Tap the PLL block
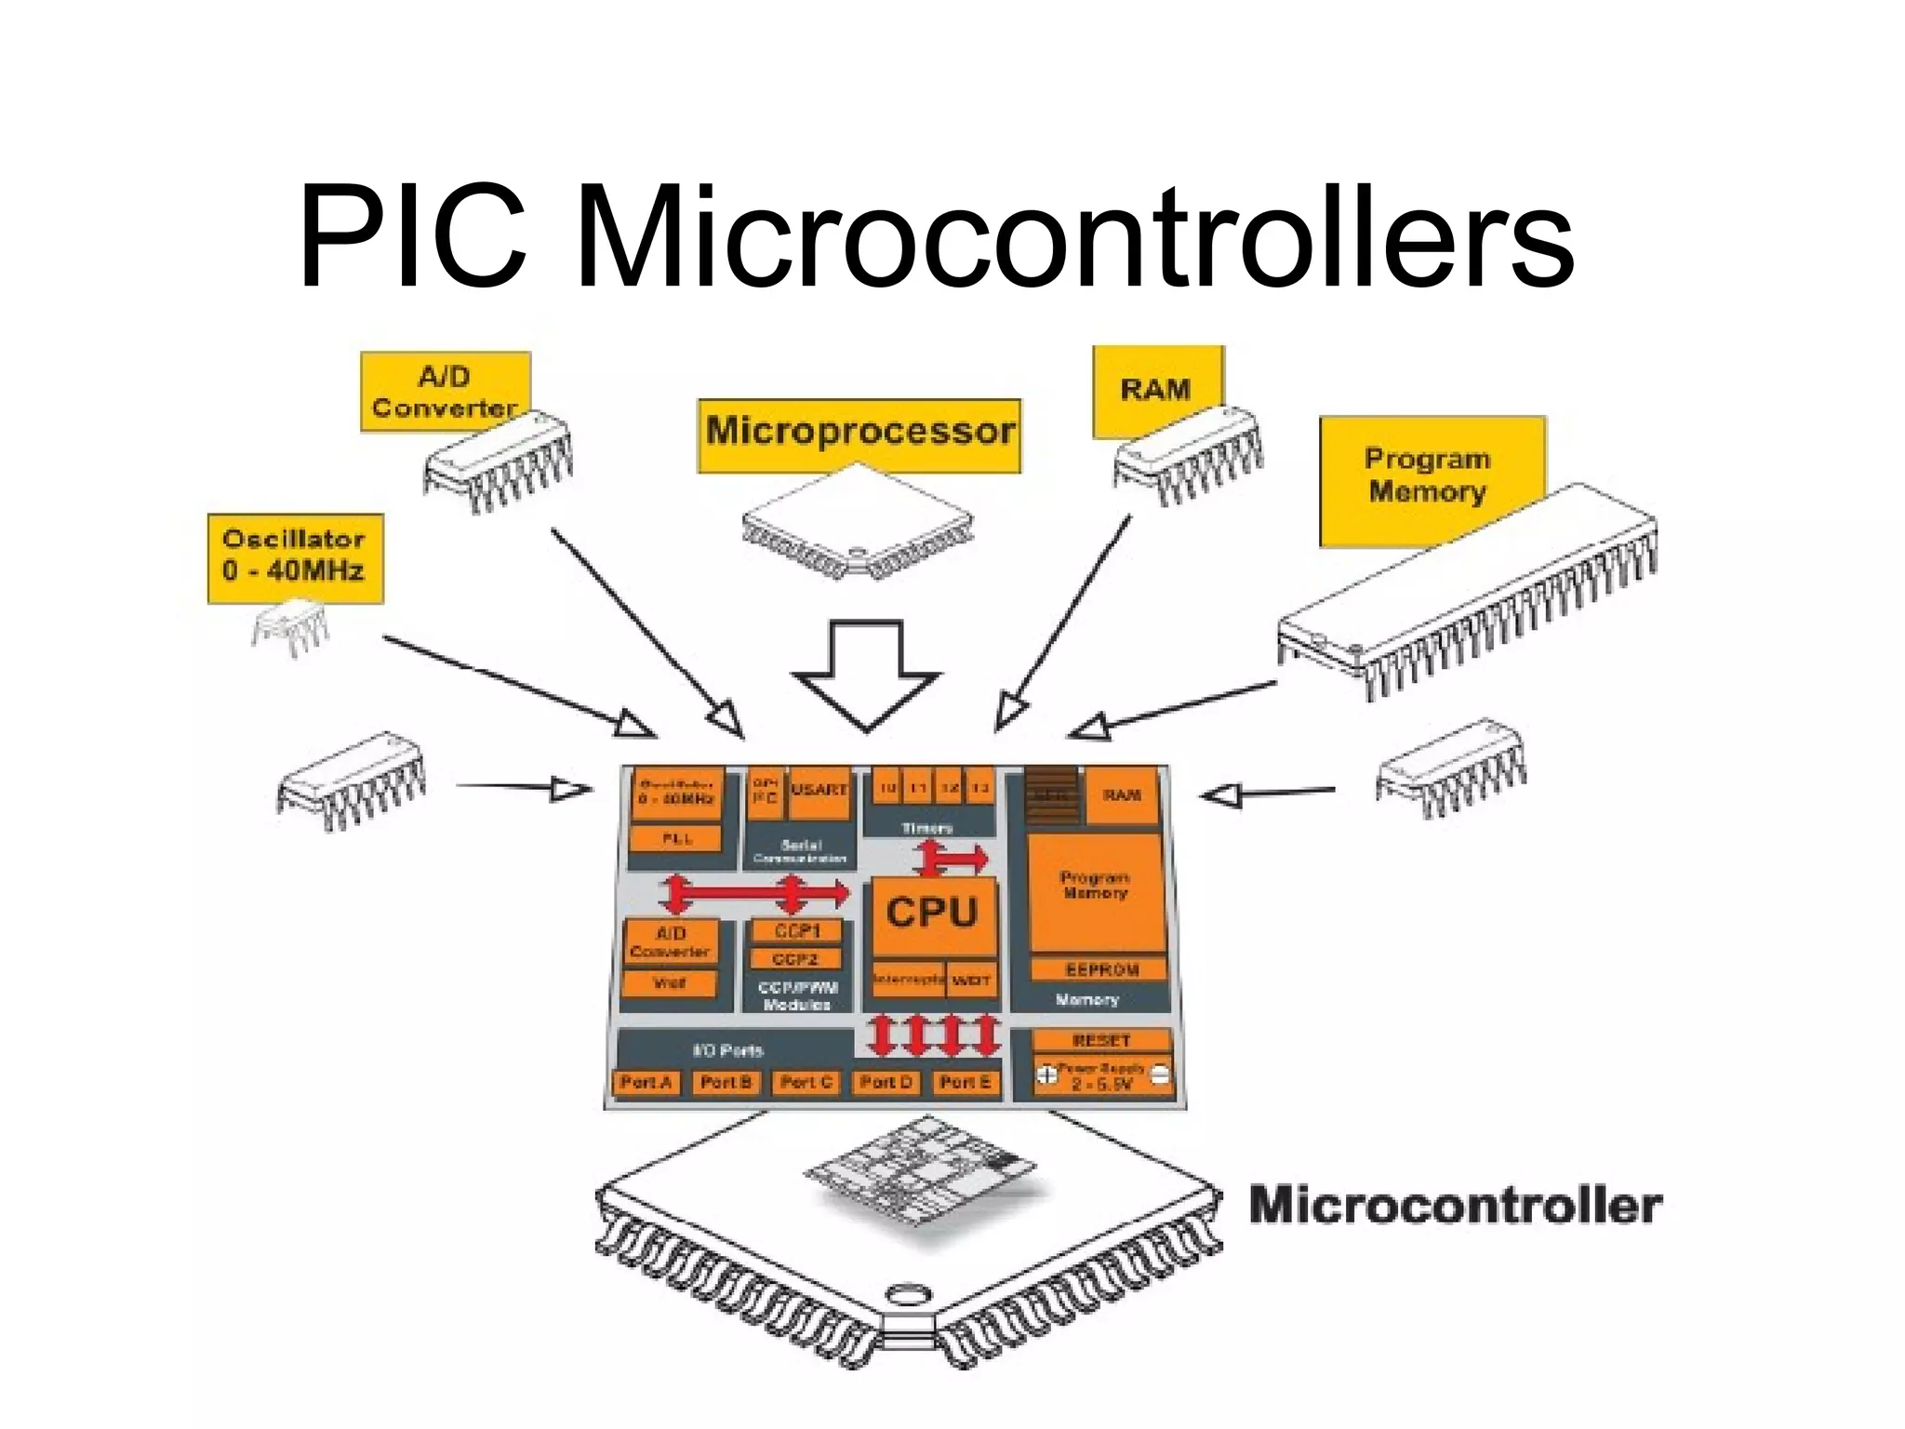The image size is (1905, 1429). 676,838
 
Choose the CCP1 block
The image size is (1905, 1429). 796,931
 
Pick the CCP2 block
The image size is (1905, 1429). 795,958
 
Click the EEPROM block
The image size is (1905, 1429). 1100,969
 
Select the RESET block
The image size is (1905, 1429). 1101,1040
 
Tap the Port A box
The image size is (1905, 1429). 646,1083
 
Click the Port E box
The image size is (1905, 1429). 965,1083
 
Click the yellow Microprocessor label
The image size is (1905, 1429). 859,433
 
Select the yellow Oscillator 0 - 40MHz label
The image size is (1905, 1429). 295,556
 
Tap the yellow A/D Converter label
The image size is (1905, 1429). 444,392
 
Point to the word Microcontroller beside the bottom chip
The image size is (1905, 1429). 1455,1205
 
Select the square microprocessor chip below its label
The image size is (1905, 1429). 858,526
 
